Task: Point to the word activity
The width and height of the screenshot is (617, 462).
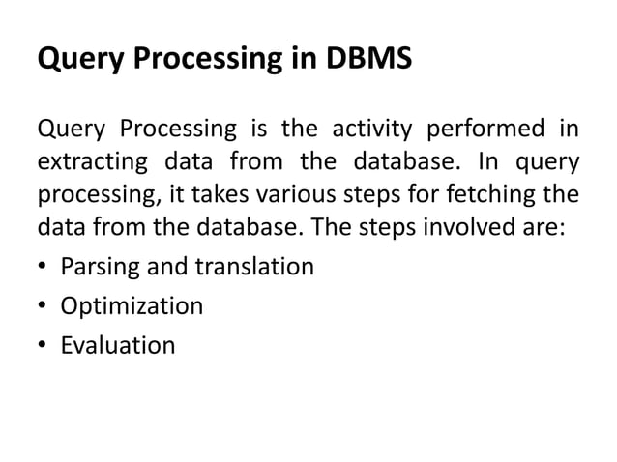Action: (367, 128)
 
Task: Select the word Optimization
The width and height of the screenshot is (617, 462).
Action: (132, 307)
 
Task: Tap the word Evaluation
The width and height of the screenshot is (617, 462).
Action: (118, 345)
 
